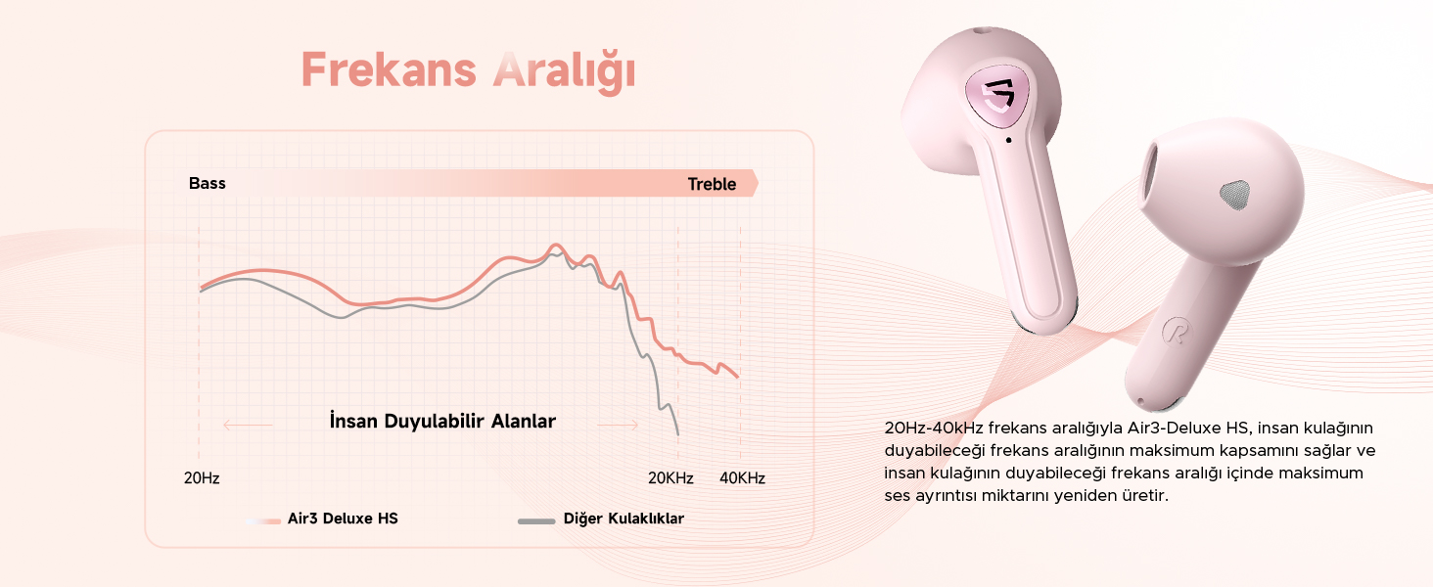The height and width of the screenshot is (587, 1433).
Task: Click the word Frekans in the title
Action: tap(389, 69)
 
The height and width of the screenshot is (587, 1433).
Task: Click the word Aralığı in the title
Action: tap(564, 72)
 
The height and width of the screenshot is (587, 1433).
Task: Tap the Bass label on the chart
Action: tap(208, 184)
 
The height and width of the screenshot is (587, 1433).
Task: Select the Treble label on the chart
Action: tap(712, 184)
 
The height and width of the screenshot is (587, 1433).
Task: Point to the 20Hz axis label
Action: tap(202, 478)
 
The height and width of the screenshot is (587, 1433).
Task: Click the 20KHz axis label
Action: tap(670, 478)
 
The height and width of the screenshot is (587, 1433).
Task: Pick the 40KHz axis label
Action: tap(742, 478)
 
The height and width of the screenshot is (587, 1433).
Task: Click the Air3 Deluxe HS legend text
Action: tap(343, 519)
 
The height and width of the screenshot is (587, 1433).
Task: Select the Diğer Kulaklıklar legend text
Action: tap(624, 519)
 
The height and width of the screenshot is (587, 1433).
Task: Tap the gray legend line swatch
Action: tap(536, 521)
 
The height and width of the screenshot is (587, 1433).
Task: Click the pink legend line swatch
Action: tap(263, 521)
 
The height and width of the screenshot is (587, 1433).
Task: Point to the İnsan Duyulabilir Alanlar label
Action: tap(442, 421)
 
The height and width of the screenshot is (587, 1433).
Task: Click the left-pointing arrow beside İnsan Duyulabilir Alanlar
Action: tap(248, 425)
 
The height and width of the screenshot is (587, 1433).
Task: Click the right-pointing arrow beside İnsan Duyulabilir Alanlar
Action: tap(618, 425)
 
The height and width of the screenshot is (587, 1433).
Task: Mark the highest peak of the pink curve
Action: tap(556, 245)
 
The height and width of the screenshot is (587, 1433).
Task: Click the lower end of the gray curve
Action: tap(678, 434)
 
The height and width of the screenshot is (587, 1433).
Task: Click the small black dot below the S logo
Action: tap(1009, 140)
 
